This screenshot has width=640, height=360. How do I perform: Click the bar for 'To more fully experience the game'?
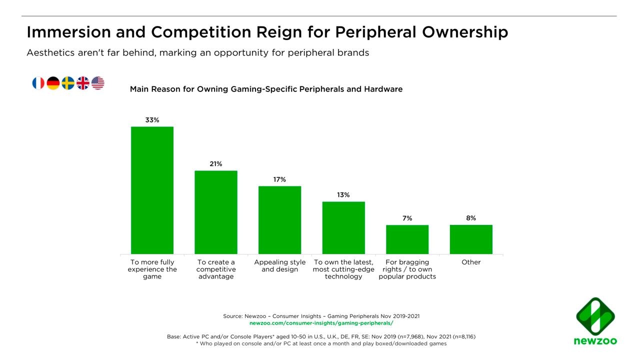click(152, 190)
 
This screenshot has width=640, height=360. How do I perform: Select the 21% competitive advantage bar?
click(216, 212)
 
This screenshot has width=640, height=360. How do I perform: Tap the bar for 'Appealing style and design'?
click(279, 220)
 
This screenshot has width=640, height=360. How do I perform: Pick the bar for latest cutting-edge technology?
click(343, 227)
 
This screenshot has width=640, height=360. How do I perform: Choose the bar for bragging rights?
click(407, 239)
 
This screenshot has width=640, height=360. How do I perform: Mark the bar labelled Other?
click(471, 239)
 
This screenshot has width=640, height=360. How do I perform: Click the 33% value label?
click(152, 120)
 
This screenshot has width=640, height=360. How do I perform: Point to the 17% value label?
click(279, 179)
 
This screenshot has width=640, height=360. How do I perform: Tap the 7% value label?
click(407, 218)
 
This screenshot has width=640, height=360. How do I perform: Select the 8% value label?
click(471, 218)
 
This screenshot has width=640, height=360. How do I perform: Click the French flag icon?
click(38, 83)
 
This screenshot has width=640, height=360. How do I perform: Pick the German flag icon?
click(53, 83)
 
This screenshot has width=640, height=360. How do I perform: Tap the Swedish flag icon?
click(68, 83)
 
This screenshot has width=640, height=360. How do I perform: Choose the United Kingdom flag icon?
click(83, 83)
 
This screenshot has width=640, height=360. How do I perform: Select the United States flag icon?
click(98, 83)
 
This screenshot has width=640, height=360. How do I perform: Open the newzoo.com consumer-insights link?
click(321, 323)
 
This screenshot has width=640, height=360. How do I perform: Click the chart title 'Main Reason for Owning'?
click(266, 89)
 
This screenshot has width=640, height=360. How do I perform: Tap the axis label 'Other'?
click(471, 262)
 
